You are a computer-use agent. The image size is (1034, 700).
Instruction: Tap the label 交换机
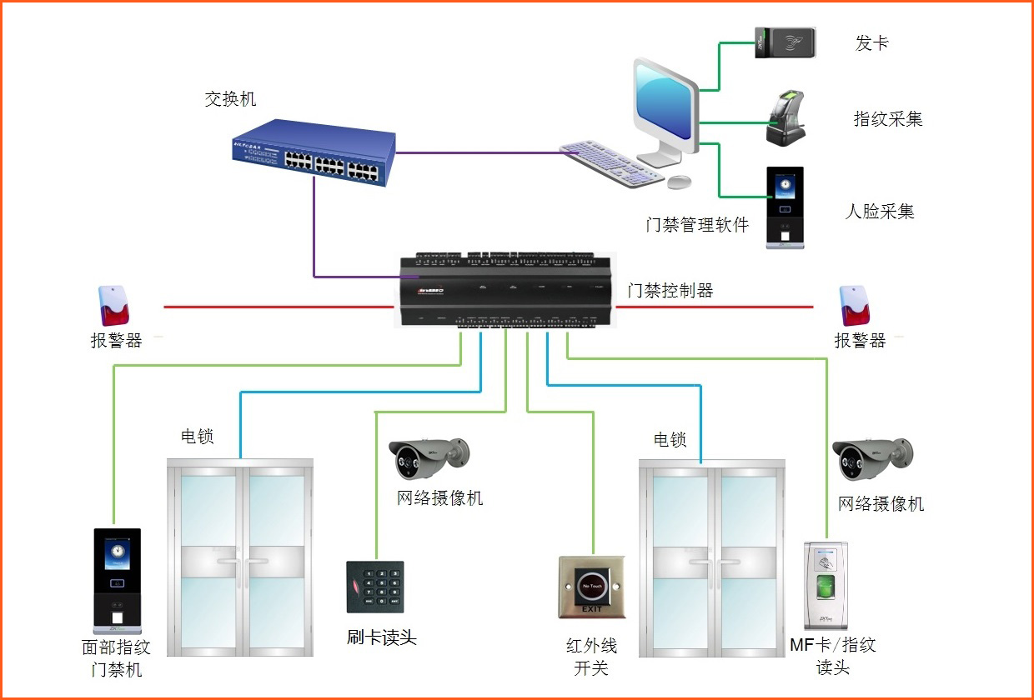tap(230, 99)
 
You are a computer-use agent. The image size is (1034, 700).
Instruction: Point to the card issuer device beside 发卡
tap(785, 42)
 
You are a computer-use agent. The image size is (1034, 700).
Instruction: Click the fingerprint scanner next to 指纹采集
tap(786, 118)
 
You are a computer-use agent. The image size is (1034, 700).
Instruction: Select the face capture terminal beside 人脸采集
tap(785, 208)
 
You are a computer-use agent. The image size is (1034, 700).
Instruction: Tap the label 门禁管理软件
tap(697, 225)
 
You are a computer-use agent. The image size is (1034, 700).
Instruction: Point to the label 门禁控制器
tap(670, 290)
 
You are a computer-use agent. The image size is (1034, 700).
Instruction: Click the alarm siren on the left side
tap(114, 306)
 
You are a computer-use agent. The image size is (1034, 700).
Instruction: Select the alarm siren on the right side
tap(853, 306)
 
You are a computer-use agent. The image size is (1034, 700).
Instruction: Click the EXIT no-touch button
tap(592, 587)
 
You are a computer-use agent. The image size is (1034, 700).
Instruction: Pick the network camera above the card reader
tap(429, 457)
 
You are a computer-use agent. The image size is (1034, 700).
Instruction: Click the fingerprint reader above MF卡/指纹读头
tap(826, 585)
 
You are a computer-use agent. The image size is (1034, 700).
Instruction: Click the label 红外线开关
tap(592, 657)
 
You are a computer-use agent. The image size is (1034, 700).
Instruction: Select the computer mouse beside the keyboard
tap(680, 181)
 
